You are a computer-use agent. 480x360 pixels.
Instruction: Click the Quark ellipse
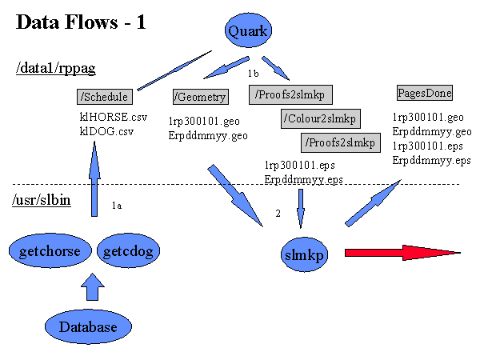[x=248, y=30]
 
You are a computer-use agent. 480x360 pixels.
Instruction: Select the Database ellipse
[x=88, y=326]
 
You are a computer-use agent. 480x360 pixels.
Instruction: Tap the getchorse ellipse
[x=50, y=250]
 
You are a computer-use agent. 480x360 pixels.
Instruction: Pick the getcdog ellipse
[x=128, y=250]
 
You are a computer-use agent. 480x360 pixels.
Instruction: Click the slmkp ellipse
[x=304, y=254]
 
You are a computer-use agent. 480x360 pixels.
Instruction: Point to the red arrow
[x=402, y=253]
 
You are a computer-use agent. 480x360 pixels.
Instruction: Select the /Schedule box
[x=105, y=97]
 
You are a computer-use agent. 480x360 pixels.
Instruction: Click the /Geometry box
[x=201, y=97]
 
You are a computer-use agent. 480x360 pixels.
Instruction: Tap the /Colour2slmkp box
[x=321, y=118]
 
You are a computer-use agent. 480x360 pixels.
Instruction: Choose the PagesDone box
[x=425, y=93]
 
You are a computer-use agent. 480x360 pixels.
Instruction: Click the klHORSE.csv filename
[x=114, y=117]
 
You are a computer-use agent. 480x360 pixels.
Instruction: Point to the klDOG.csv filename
[x=106, y=131]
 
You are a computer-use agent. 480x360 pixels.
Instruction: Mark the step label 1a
[x=117, y=206]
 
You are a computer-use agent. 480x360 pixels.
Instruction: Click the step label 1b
[x=253, y=73]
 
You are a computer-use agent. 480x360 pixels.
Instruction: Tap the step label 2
[x=278, y=213]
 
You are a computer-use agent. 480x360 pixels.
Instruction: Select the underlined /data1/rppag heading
[x=56, y=68]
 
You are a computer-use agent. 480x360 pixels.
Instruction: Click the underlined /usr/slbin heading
[x=42, y=200]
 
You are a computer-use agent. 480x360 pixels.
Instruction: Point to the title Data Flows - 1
[x=81, y=22]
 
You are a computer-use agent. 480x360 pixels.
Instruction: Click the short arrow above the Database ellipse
[x=93, y=286]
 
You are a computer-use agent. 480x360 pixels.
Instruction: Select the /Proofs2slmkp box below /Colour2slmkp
[x=341, y=142]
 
